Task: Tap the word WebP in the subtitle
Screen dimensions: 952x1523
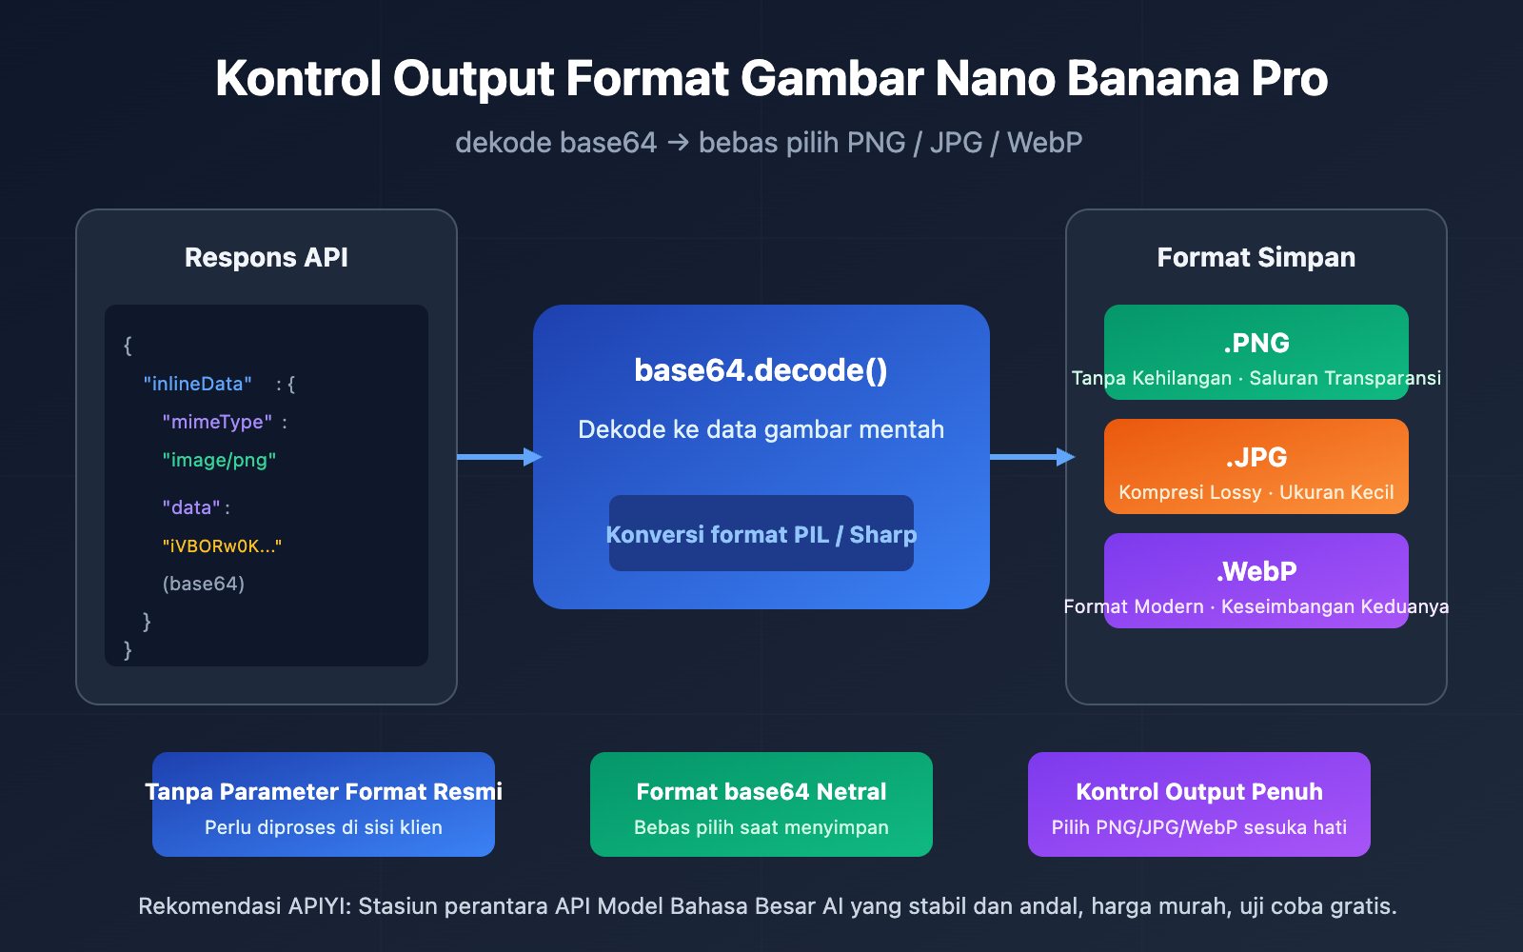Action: [1044, 143]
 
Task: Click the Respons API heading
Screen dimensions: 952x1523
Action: [267, 257]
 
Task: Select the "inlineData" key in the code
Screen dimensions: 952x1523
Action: [197, 384]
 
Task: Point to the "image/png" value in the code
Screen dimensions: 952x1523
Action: [219, 460]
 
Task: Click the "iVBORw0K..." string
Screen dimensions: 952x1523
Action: [222, 545]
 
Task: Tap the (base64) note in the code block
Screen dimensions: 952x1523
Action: [204, 584]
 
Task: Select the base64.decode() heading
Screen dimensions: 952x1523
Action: [761, 370]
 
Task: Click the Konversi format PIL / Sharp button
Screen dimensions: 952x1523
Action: [761, 534]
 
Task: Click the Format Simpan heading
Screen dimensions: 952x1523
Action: [1256, 257]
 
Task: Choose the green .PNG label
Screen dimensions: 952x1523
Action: [1256, 343]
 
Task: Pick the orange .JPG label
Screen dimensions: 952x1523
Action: [1256, 457]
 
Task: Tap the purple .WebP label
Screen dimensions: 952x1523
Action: [1256, 571]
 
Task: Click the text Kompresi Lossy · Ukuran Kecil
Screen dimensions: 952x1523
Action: [1256, 492]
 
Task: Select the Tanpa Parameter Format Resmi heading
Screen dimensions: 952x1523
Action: [324, 791]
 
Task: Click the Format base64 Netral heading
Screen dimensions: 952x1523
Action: [761, 791]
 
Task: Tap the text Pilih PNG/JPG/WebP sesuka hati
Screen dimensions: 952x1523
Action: [1199, 827]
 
